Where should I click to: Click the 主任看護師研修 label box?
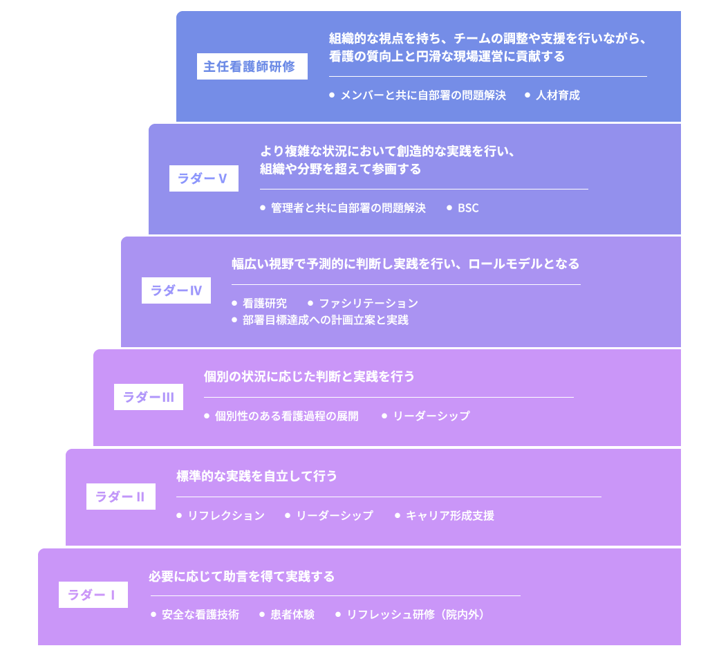(x=252, y=66)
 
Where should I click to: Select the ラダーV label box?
(x=203, y=178)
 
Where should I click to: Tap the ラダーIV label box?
(x=176, y=290)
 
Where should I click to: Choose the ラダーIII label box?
(x=148, y=397)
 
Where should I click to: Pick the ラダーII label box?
(x=120, y=497)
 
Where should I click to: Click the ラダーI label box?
(x=93, y=595)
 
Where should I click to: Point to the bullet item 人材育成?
(x=557, y=95)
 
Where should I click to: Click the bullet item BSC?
(x=468, y=208)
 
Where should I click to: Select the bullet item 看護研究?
(x=264, y=304)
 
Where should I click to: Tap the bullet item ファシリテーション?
(x=368, y=304)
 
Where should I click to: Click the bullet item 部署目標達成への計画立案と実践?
(x=325, y=320)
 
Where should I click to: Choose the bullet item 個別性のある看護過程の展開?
(x=286, y=416)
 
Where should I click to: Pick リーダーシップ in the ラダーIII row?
(x=431, y=416)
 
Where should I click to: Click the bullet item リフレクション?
(x=225, y=516)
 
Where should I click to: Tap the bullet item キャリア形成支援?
(x=449, y=516)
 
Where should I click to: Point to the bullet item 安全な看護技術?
(x=200, y=615)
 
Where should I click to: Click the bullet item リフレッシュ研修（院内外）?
(x=415, y=615)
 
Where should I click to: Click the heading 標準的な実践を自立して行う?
(x=256, y=476)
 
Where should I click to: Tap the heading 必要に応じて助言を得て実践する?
(x=241, y=577)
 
